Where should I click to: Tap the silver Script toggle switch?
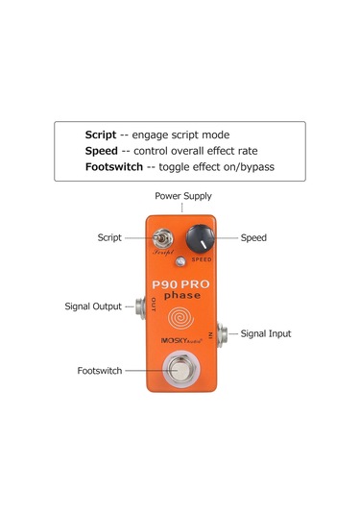click(x=164, y=236)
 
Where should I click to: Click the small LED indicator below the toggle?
click(x=180, y=261)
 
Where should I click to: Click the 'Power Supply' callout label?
click(x=182, y=194)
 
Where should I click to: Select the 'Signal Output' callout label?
click(x=93, y=306)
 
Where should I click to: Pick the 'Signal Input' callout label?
click(x=266, y=333)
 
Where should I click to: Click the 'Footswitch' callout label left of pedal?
click(x=100, y=370)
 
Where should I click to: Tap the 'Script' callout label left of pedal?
click(x=109, y=237)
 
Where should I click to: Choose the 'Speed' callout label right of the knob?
click(x=253, y=237)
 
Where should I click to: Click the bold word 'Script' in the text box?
click(x=101, y=135)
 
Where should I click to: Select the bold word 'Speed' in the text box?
click(x=101, y=151)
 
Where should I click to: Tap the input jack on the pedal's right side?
click(x=222, y=333)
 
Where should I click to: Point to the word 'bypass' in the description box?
click(x=253, y=167)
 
